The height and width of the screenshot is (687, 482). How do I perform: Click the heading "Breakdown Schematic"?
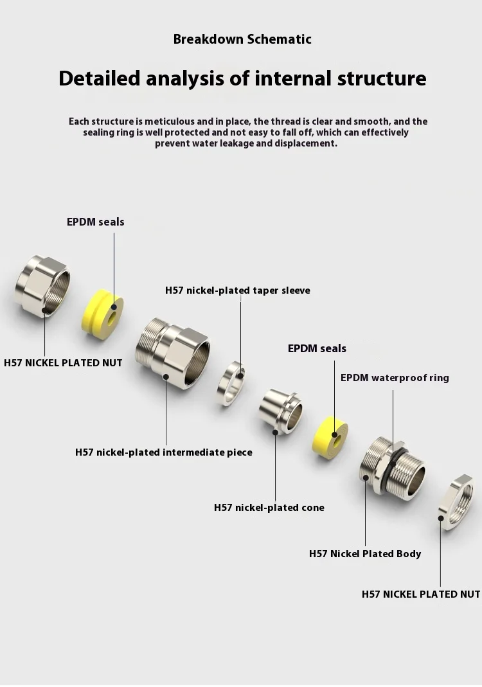pyautogui.click(x=242, y=39)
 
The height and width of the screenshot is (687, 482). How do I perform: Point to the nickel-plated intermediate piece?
pyautogui.click(x=172, y=353)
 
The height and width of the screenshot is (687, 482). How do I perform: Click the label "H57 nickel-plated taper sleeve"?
pyautogui.click(x=237, y=290)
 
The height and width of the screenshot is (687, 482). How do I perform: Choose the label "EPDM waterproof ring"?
pyautogui.click(x=395, y=377)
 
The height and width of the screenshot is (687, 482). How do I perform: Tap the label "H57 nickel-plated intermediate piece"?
pyautogui.click(x=164, y=452)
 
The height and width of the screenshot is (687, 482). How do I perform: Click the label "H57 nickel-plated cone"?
pyautogui.click(x=269, y=508)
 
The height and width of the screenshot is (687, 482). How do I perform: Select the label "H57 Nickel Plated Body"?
pyautogui.click(x=365, y=553)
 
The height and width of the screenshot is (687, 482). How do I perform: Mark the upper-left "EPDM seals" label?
pyautogui.click(x=96, y=222)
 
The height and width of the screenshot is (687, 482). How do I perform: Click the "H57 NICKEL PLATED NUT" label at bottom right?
pyautogui.click(x=421, y=594)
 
